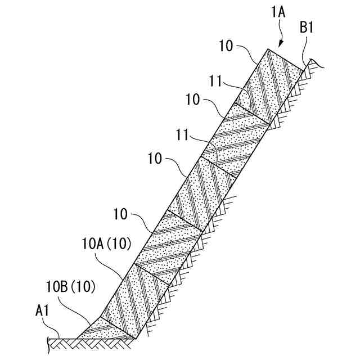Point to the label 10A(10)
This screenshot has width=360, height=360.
pyautogui.click(x=106, y=244)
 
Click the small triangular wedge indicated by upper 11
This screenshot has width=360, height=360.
pyautogui.click(x=243, y=100)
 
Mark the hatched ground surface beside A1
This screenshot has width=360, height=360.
pyautogui.click(x=62, y=341)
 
